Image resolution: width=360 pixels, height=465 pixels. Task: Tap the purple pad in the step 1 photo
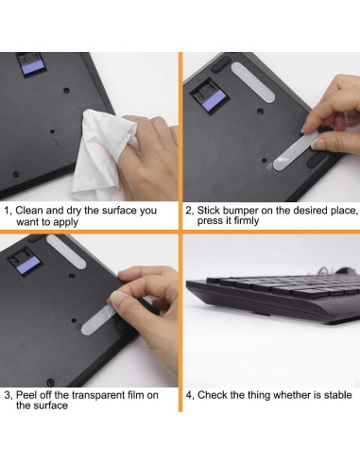coord(33,68)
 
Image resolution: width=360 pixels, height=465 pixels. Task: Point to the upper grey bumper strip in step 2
coord(253,81)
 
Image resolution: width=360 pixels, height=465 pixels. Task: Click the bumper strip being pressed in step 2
coord(296,151)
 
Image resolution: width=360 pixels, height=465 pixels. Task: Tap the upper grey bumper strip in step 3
coord(66,251)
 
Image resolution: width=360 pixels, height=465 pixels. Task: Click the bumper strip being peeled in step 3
coord(97,319)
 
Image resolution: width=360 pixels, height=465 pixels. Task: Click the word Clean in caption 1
coord(29,210)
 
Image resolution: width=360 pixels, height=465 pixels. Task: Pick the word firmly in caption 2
coord(246,220)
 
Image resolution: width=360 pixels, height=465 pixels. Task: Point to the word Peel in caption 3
coord(26,395)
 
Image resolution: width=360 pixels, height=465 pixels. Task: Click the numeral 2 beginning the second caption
coord(188,211)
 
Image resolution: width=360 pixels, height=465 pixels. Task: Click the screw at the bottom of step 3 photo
coord(50,383)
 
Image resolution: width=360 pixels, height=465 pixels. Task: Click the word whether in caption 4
coord(279,395)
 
